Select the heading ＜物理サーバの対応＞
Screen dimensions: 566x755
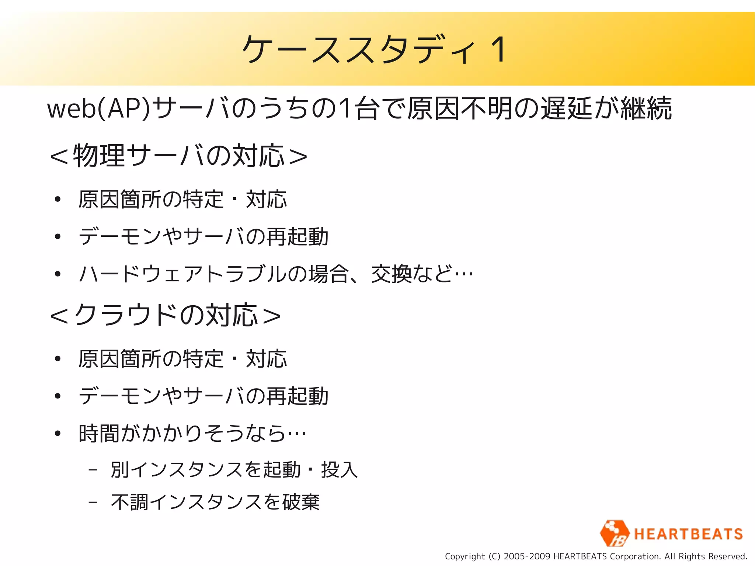(x=179, y=156)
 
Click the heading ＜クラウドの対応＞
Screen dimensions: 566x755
(x=166, y=316)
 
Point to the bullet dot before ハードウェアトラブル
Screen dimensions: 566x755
(x=58, y=274)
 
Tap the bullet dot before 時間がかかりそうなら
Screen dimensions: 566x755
(x=58, y=434)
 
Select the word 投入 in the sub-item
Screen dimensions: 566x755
(x=339, y=470)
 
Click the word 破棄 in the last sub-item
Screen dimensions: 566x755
(x=301, y=502)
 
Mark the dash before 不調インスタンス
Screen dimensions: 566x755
(x=93, y=502)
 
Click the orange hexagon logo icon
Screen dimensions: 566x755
(x=614, y=533)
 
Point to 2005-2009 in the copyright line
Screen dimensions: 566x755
(x=527, y=556)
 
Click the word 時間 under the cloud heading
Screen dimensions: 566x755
(x=99, y=434)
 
